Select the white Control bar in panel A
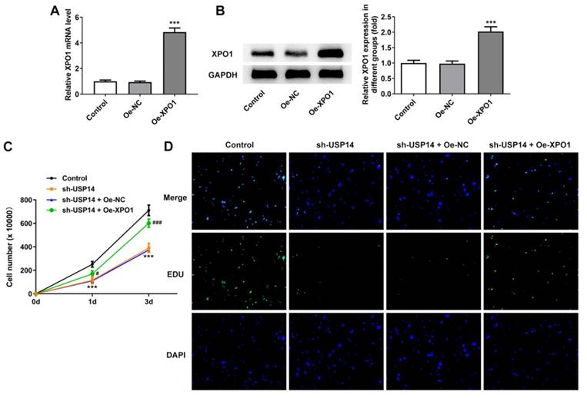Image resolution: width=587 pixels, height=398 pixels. pos(105,87)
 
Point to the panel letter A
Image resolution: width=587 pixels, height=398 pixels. pos(55,10)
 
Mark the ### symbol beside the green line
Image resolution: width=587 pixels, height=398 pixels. pos(160,223)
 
